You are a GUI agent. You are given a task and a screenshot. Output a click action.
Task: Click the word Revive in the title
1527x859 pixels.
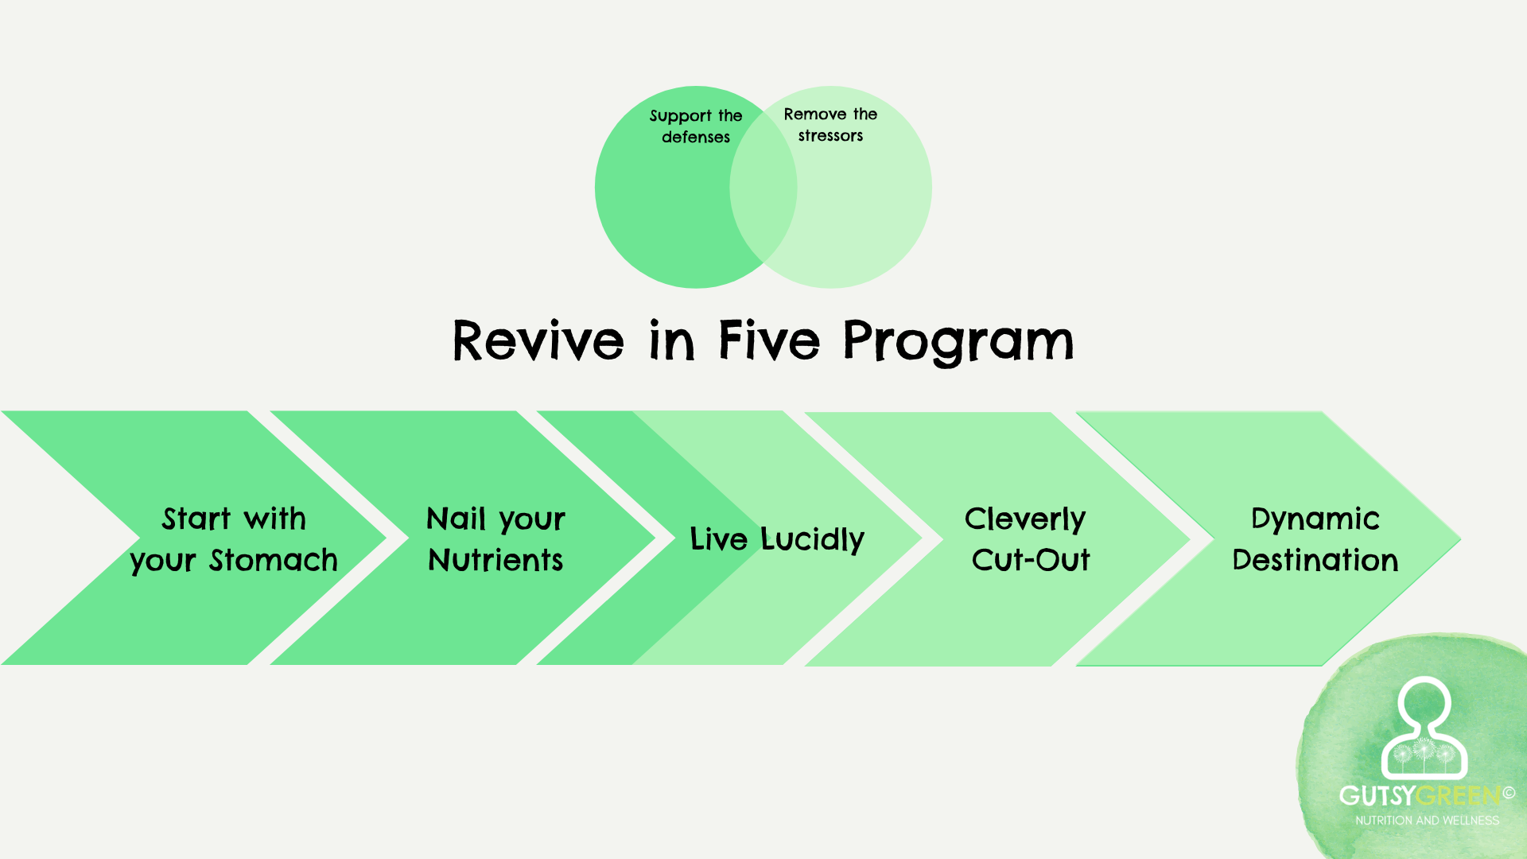[538, 341]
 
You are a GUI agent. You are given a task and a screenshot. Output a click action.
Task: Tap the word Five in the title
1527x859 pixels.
[768, 340]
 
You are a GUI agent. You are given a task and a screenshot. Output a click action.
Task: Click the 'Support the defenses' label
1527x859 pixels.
[696, 126]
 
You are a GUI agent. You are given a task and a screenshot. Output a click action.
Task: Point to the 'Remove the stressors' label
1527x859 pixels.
[830, 125]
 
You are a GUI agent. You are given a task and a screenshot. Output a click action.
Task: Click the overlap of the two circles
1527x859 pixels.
[763, 188]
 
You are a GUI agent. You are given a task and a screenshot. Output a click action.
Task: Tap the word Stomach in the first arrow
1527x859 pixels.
[273, 561]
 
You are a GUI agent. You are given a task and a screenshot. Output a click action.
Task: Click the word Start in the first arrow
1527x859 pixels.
[196, 519]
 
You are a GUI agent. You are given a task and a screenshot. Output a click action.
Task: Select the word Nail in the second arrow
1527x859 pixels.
[456, 519]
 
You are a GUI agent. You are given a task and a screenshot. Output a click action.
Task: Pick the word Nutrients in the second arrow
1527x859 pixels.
[495, 561]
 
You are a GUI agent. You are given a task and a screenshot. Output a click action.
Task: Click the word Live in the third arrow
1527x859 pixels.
[718, 540]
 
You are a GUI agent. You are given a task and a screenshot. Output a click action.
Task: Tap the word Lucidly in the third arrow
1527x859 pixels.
[812, 540]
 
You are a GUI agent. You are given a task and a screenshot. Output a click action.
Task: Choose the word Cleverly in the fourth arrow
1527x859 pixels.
[1024, 520]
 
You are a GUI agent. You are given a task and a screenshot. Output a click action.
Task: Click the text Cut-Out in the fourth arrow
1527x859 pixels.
[1031, 561]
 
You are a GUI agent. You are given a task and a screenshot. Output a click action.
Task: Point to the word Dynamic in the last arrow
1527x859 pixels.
[1315, 520]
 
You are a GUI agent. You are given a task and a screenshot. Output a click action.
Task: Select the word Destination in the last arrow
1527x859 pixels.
[1315, 561]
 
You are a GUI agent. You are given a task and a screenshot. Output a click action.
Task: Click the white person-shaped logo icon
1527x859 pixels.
[1424, 728]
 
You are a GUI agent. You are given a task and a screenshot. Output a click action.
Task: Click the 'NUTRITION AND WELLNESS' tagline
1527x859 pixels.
[1427, 821]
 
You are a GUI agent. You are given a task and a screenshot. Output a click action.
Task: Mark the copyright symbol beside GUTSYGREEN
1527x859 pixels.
[1509, 793]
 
